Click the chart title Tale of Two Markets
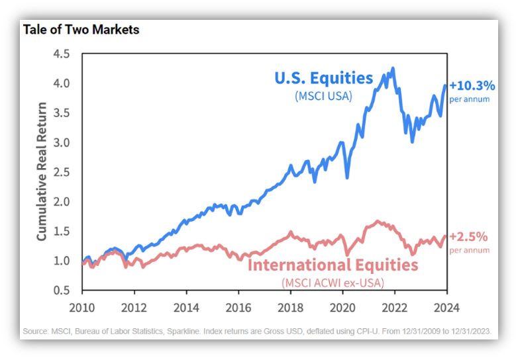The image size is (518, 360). (81, 30)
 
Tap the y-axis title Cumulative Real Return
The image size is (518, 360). (42, 171)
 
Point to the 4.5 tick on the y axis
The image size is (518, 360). (62, 54)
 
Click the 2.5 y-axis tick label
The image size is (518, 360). (62, 172)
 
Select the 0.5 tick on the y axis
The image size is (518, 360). (62, 290)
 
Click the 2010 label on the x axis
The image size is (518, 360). (82, 306)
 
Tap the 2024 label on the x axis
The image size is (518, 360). (446, 306)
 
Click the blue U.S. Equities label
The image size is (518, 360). (324, 78)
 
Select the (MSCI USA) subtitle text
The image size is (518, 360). (323, 96)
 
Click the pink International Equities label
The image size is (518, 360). (333, 265)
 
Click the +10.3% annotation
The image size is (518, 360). (472, 85)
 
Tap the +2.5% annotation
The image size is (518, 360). (468, 236)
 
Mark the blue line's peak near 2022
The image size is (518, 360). (393, 68)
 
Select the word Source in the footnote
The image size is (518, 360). (35, 331)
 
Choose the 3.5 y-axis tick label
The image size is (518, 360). (62, 112)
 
